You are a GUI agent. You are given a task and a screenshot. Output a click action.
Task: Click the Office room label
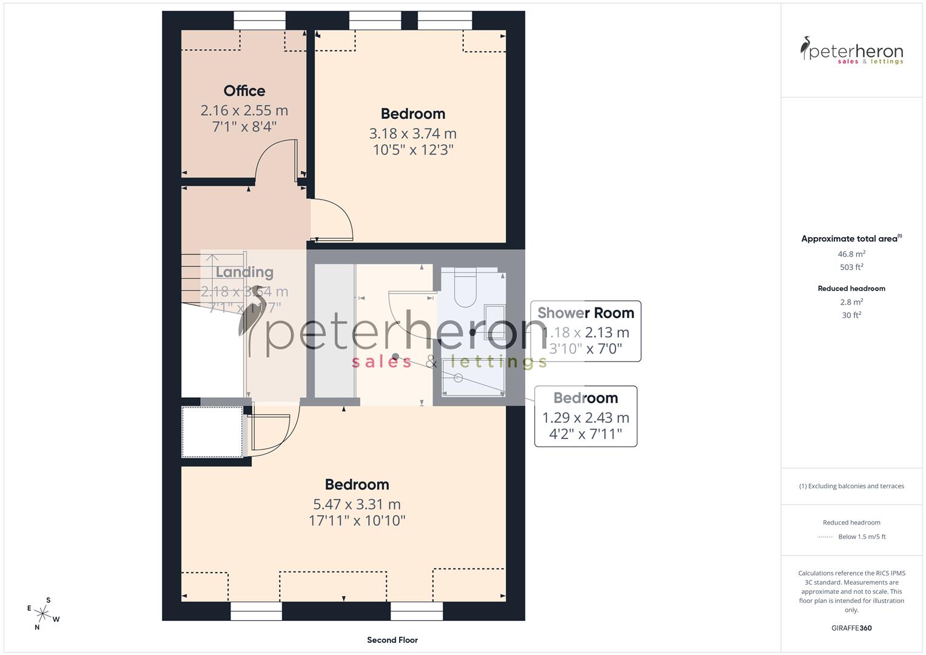244,91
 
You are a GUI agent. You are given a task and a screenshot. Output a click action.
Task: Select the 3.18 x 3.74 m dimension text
412,133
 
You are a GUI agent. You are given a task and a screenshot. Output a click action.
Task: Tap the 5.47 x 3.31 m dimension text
357,504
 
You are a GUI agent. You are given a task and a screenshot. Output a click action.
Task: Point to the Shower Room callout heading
585,313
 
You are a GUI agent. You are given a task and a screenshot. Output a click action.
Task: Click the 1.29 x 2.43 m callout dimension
585,418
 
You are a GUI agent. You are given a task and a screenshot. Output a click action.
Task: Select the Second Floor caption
392,640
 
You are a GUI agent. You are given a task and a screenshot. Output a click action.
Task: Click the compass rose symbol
43,613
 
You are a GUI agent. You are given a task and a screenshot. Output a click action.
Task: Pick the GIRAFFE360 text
851,628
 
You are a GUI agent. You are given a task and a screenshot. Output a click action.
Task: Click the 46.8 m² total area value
851,254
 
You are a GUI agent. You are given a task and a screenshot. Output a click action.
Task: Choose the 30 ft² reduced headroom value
851,315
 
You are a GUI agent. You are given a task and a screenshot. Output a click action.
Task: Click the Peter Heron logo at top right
851,50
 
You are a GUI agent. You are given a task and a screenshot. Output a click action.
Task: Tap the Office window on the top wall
259,20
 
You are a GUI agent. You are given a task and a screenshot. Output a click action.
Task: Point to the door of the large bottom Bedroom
273,434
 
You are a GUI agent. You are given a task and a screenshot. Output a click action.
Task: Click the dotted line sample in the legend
825,537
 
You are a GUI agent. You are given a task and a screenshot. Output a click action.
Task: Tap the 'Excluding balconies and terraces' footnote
851,486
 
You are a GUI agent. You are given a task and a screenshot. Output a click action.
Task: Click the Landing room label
244,272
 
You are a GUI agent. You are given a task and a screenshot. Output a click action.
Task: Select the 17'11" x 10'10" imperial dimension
357,520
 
